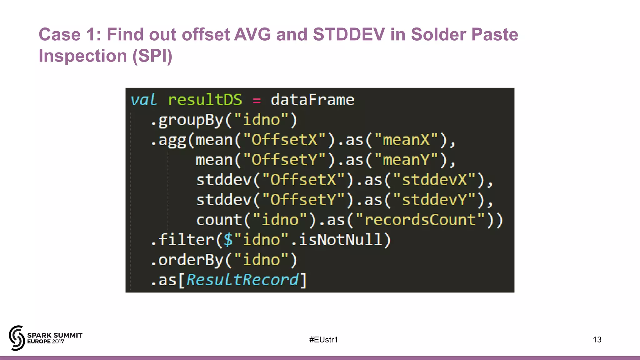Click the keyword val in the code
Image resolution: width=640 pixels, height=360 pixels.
click(x=143, y=100)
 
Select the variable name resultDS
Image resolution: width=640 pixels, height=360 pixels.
click(x=205, y=100)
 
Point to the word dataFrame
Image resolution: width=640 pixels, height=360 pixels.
click(x=312, y=100)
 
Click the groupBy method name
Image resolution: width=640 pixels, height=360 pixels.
click(x=191, y=120)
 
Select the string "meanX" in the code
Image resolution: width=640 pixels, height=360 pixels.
click(x=406, y=140)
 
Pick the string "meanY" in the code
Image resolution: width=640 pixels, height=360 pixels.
click(x=406, y=160)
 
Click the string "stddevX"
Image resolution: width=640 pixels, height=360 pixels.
click(x=434, y=180)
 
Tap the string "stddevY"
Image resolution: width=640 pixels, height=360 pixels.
click(x=434, y=200)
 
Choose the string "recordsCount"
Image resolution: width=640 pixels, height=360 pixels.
click(x=420, y=220)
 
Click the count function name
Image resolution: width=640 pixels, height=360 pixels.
click(x=219, y=220)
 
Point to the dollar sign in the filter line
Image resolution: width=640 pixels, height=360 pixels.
click(x=228, y=240)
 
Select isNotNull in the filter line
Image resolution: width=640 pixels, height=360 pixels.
click(x=341, y=240)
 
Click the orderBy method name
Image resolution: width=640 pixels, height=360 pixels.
click(x=191, y=260)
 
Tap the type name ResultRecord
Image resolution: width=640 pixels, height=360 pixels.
click(x=242, y=280)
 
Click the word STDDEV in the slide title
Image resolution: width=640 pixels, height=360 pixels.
click(x=349, y=34)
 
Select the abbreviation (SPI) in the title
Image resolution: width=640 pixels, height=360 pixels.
click(x=152, y=56)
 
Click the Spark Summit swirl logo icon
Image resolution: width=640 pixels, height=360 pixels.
click(x=17, y=338)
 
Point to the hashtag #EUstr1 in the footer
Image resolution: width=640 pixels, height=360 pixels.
click(x=323, y=340)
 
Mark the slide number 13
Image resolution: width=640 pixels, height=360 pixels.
click(x=597, y=340)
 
